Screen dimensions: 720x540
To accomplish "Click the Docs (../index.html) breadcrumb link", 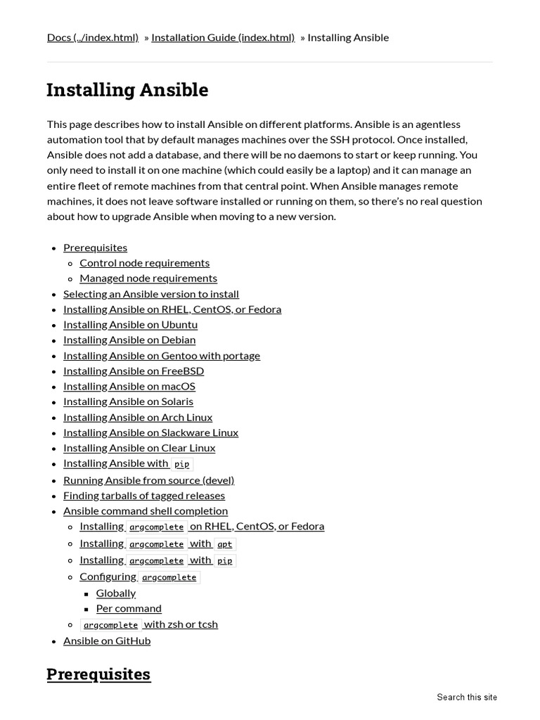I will [x=92, y=37].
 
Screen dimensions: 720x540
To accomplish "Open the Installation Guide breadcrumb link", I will [x=223, y=37].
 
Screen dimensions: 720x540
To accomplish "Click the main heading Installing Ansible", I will [x=127, y=90].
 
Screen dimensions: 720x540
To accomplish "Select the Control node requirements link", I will [x=144, y=263].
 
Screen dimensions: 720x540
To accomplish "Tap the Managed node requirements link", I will [x=148, y=278].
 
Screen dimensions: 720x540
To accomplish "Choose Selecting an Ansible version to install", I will [x=151, y=294].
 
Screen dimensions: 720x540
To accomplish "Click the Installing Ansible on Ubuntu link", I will [x=130, y=325].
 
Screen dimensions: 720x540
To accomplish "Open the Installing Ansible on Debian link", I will [x=129, y=340].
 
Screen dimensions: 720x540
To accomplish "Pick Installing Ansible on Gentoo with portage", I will [x=162, y=356].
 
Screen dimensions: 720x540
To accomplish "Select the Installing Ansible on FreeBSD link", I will [x=134, y=371].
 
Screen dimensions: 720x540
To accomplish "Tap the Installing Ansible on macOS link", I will [x=129, y=387].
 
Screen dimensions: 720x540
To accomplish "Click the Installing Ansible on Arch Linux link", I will [x=138, y=418].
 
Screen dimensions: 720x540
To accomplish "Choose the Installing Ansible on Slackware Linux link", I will [x=150, y=433].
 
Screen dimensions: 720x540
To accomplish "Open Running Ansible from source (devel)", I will [x=148, y=480].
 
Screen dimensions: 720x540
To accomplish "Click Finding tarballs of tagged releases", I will [x=144, y=496].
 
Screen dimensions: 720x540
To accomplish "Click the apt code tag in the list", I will [x=225, y=544].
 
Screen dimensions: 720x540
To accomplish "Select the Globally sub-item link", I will [x=116, y=593].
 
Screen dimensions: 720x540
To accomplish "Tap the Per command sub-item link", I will [x=129, y=609].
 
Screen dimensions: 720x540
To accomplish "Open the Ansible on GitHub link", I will [x=107, y=641].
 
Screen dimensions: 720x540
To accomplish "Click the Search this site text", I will [x=466, y=697].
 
